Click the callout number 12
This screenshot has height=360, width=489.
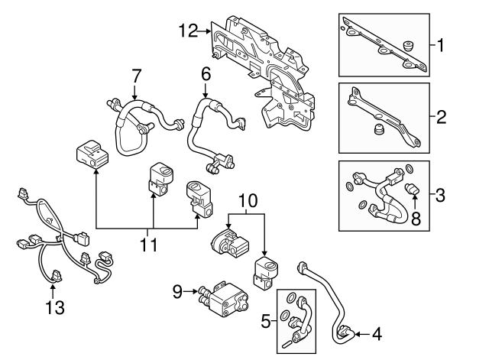[x=188, y=31]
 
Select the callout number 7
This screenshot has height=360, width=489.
[x=136, y=76]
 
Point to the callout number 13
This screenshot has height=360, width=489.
[x=53, y=308]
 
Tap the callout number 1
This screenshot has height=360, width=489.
[x=440, y=45]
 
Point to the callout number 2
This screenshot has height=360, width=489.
[x=440, y=118]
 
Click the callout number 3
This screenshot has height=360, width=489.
[x=440, y=195]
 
